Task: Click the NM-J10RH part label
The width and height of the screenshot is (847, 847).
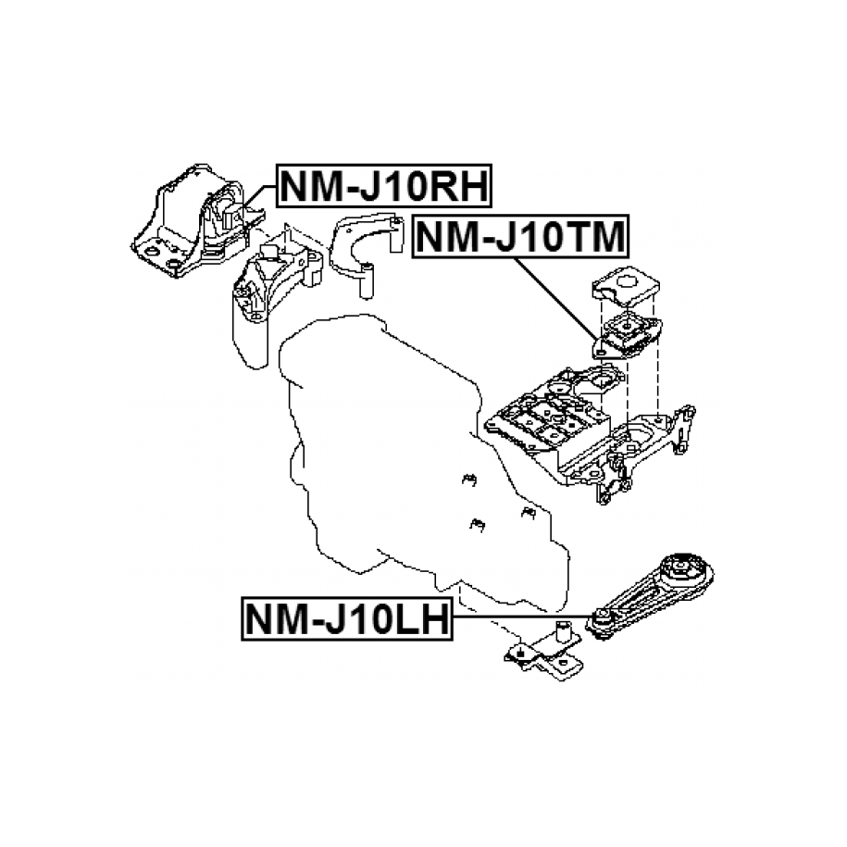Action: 384,186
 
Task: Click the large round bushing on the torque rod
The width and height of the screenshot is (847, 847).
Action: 683,566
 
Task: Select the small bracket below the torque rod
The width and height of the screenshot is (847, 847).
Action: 542,658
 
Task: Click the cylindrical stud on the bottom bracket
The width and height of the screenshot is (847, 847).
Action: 561,636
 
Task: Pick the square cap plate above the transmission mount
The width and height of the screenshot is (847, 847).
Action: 626,281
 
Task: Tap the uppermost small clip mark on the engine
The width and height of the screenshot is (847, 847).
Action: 467,480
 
